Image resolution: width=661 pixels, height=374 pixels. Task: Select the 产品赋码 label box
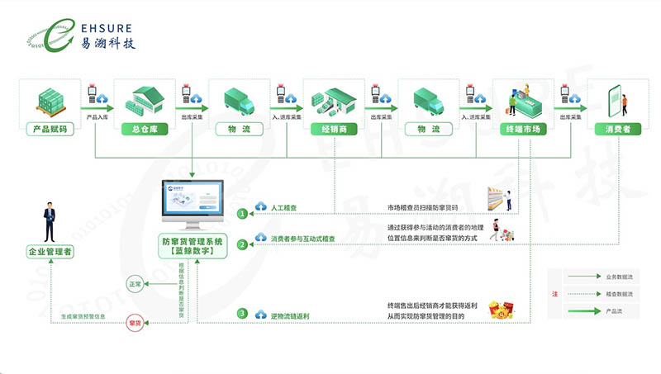click(49, 130)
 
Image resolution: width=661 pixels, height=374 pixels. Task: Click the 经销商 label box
click(333, 130)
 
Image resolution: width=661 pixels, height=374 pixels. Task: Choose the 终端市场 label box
click(522, 130)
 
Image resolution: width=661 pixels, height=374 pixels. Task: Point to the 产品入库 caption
click(96, 117)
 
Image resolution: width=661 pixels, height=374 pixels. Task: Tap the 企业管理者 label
click(50, 252)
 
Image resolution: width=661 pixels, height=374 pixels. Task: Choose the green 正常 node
click(136, 284)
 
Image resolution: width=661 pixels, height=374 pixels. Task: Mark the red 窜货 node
click(136, 323)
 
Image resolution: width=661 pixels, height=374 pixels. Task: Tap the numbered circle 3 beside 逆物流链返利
click(242, 313)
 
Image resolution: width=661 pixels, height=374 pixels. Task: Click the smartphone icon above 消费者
click(616, 99)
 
